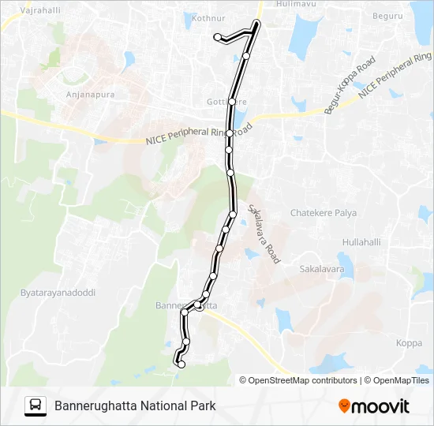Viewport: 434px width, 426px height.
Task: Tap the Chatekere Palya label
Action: click(324, 213)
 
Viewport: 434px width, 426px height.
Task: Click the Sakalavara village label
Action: click(322, 269)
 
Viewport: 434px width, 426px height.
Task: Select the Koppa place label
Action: click(409, 342)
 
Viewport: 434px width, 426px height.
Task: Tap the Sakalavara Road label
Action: click(264, 234)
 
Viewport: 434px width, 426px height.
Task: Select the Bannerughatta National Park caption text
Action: click(135, 406)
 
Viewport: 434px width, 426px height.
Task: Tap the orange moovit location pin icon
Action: click(344, 406)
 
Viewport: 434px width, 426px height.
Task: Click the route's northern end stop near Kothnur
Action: click(218, 36)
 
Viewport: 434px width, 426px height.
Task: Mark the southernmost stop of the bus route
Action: click(181, 364)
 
